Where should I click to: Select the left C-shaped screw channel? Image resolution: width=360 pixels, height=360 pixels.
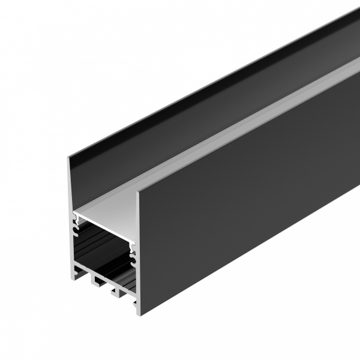click(x=76, y=227)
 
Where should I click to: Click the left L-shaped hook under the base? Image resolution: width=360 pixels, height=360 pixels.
click(x=95, y=279)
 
